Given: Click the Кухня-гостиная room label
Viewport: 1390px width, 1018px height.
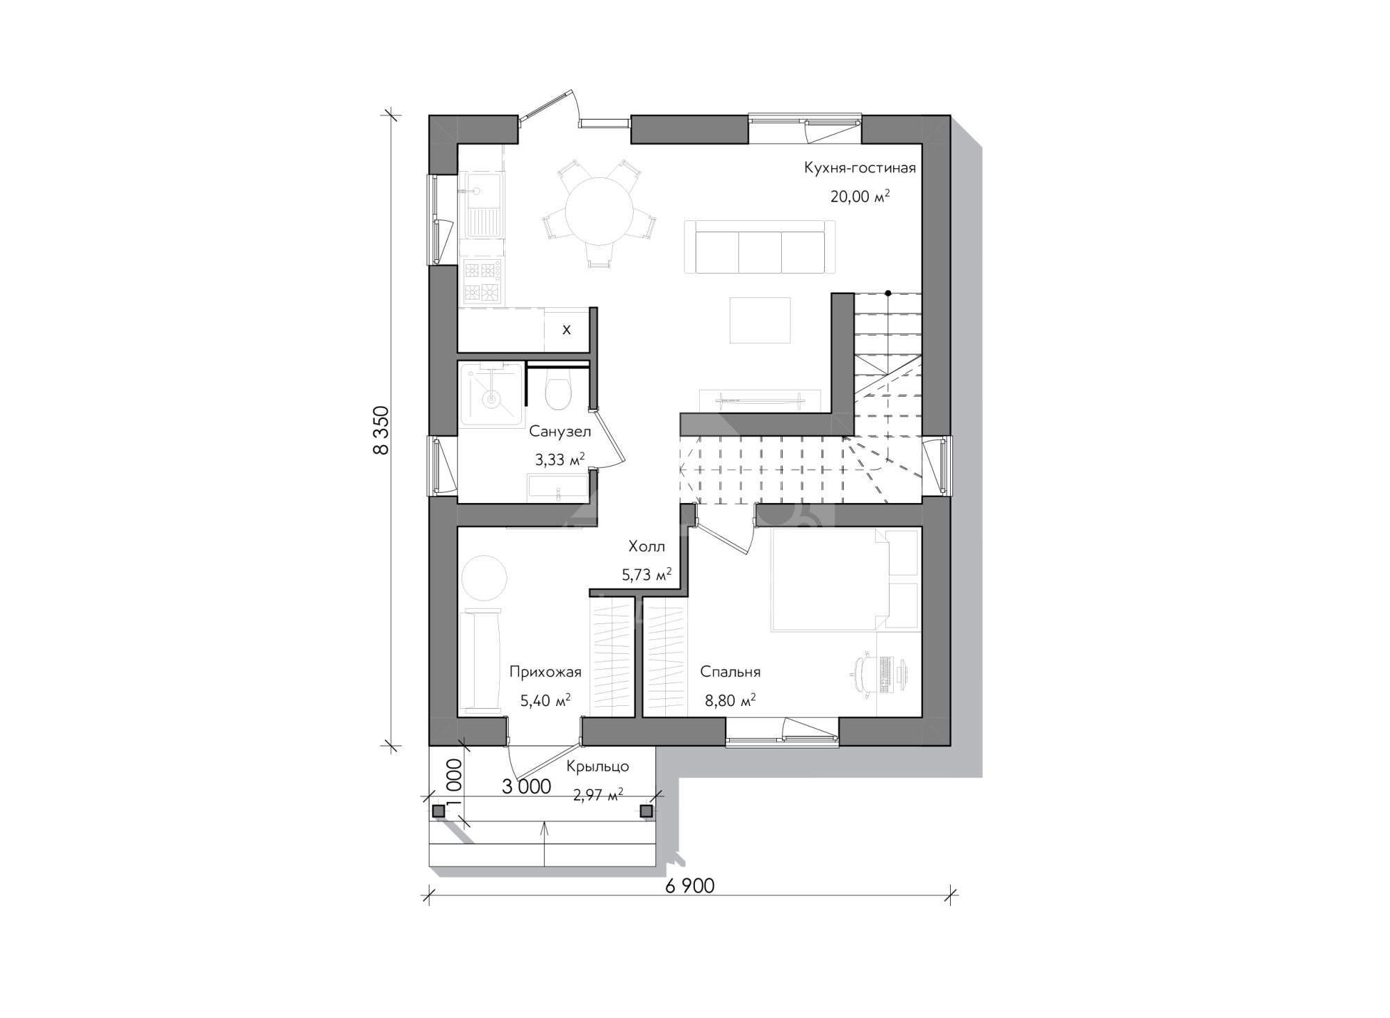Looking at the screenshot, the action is (860, 168).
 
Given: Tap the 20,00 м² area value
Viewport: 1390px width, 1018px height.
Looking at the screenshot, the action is (860, 196).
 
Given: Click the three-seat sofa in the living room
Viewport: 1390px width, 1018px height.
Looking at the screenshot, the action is (760, 247).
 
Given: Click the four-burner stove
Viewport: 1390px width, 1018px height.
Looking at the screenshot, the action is (482, 281).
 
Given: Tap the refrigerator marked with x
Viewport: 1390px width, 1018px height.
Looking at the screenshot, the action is (566, 329).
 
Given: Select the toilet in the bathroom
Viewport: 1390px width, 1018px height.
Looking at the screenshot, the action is (558, 388).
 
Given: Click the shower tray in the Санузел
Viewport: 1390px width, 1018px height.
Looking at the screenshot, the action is (491, 393).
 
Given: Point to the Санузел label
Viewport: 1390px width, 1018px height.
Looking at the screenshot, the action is (560, 432).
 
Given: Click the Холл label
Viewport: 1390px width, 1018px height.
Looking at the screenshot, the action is (646, 547).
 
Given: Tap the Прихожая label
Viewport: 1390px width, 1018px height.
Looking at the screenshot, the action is (546, 672).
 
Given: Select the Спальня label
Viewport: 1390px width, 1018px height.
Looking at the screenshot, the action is (730, 672).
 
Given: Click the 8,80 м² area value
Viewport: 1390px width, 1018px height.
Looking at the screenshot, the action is (730, 700).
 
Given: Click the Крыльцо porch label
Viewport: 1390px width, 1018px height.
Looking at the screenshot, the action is (598, 766).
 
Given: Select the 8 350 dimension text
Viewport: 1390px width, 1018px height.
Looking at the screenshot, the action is (381, 429).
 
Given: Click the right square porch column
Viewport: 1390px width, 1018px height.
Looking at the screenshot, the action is (646, 811).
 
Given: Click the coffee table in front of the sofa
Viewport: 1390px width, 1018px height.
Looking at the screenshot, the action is (760, 320).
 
